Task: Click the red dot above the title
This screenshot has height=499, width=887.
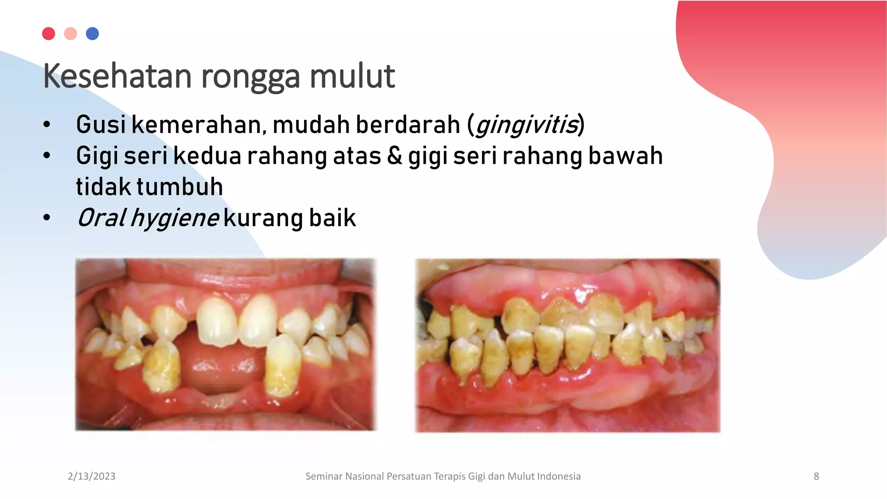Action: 49,34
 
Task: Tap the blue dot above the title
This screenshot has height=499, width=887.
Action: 92,34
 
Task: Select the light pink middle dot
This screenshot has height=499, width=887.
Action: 71,34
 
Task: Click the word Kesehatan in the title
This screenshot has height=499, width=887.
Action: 117,76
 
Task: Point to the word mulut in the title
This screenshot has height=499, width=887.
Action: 352,76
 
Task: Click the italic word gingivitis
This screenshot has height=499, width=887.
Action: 527,125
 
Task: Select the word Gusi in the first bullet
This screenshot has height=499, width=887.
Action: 101,125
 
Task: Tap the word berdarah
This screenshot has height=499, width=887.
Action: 408,125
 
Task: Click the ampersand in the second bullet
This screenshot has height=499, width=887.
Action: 394,156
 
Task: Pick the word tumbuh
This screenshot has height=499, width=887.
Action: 180,187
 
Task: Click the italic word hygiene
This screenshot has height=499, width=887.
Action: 175,218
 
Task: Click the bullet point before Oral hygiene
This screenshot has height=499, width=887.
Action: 47,218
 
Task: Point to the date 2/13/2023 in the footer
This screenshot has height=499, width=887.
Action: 91,476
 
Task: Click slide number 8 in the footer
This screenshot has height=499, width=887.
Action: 816,476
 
